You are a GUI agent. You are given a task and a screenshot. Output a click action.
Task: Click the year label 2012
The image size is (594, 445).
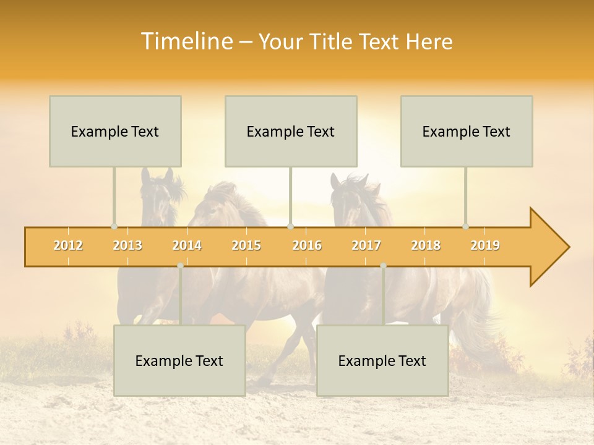click(x=68, y=245)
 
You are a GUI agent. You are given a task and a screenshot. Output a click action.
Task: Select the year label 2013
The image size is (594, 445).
click(x=127, y=245)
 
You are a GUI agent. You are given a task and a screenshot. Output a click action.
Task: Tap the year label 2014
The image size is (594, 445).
click(x=187, y=245)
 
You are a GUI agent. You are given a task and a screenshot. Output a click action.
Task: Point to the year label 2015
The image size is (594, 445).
click(x=246, y=245)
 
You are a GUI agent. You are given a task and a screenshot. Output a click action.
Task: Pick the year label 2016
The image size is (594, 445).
click(x=307, y=245)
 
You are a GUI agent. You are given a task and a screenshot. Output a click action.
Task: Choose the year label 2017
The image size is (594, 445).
click(x=366, y=245)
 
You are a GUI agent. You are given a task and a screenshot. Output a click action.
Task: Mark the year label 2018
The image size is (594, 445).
click(x=426, y=245)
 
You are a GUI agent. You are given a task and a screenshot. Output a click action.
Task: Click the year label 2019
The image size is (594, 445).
click(x=485, y=245)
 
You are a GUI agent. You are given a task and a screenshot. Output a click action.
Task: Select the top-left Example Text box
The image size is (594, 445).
click(x=115, y=132)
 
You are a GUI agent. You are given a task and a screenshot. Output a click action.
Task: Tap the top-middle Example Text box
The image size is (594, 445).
click(x=291, y=132)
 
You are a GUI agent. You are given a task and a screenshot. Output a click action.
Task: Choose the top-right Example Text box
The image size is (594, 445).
click(x=467, y=132)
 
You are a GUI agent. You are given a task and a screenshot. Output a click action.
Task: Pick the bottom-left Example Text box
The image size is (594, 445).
click(x=179, y=361)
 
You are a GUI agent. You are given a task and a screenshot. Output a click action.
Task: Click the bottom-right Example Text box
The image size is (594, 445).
click(x=382, y=361)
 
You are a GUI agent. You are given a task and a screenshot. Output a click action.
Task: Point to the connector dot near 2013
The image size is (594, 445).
click(x=114, y=227)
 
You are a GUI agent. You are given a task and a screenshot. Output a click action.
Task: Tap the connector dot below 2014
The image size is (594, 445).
click(x=180, y=266)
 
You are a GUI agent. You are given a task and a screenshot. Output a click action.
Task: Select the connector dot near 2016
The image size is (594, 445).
click(x=290, y=227)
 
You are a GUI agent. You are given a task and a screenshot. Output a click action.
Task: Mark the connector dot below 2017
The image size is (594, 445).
click(x=383, y=266)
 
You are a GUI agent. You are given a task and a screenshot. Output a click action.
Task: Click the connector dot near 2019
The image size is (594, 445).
click(x=466, y=227)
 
